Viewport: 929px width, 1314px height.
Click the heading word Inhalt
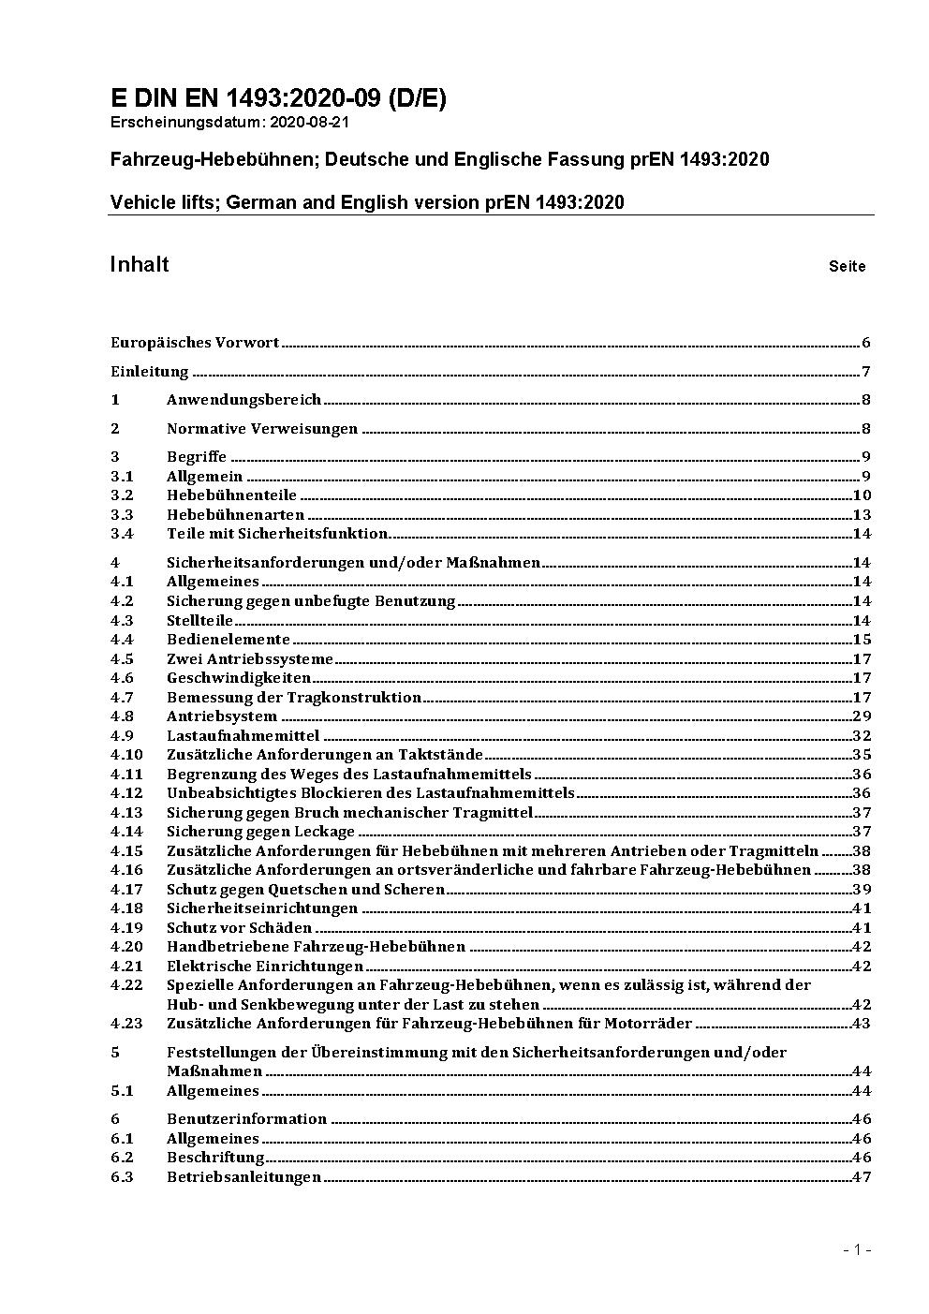[140, 264]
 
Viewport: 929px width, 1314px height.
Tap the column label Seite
[847, 267]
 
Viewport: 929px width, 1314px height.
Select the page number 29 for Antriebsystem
[862, 716]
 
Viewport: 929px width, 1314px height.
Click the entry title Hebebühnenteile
[231, 495]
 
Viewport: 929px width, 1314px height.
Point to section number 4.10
[126, 755]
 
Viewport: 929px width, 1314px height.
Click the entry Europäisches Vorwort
[195, 343]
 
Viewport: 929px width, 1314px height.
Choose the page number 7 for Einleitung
[866, 372]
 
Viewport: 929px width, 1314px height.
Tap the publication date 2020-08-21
[310, 122]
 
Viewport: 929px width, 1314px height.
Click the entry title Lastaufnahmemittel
[243, 736]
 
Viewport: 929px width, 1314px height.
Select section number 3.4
[122, 534]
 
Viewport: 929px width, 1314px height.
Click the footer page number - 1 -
[857, 1249]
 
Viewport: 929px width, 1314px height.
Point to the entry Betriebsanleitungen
[243, 1177]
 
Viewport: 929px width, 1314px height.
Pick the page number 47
[862, 1177]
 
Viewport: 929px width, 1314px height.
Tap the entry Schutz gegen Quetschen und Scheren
[305, 890]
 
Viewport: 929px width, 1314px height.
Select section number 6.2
[122, 1158]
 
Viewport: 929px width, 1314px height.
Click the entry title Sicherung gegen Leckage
[260, 832]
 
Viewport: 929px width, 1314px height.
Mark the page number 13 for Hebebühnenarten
[862, 515]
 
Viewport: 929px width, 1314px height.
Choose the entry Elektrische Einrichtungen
[264, 967]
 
